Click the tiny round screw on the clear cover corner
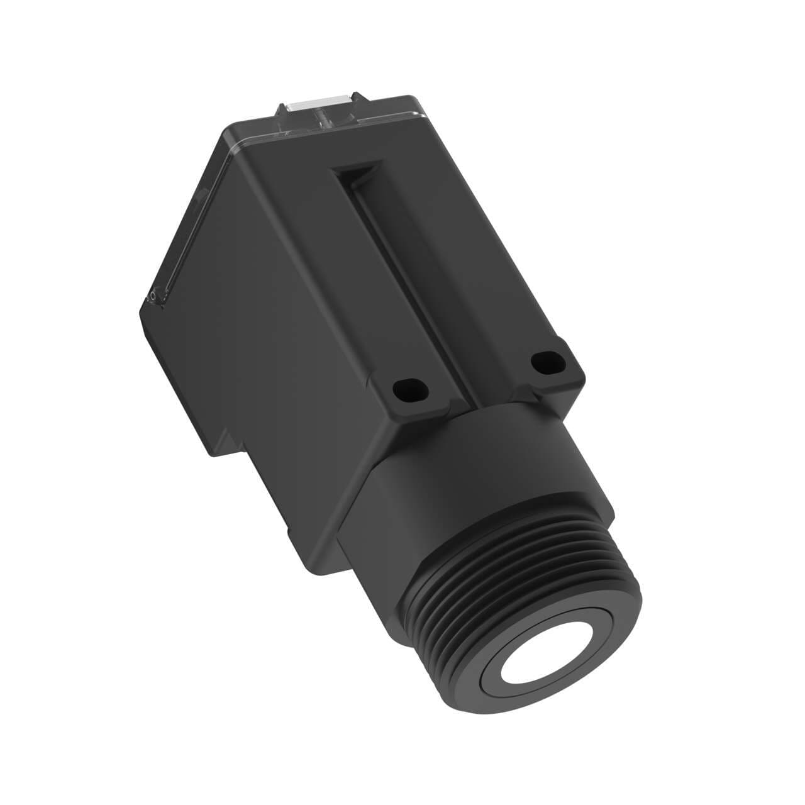point(152,294)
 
